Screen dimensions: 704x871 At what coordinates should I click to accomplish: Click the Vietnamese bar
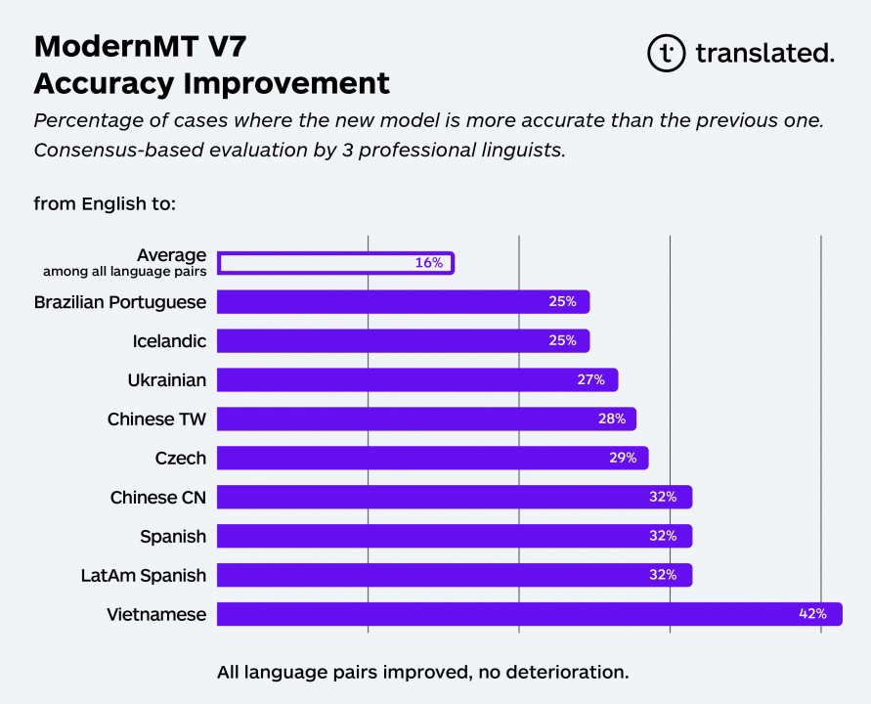point(528,614)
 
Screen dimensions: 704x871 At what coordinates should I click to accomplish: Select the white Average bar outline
point(335,263)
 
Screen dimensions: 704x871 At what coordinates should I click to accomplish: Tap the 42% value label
point(812,614)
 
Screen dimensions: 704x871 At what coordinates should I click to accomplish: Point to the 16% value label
point(428,263)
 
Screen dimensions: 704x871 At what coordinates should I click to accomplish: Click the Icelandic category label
point(169,341)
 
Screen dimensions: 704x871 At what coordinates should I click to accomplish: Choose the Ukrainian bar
point(416,379)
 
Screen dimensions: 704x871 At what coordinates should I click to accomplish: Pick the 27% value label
point(590,379)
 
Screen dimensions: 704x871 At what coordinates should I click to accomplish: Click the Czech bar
point(432,458)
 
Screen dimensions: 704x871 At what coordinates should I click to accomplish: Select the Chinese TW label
point(156,419)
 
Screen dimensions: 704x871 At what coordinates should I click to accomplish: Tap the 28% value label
point(611,418)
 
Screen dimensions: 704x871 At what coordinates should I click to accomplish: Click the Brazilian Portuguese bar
point(403,301)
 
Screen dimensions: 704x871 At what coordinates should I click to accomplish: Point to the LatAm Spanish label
point(143,576)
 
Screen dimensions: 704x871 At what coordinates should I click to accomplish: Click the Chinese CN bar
point(454,497)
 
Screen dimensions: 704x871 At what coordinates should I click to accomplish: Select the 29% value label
point(623,458)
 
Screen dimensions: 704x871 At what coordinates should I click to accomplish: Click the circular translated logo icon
point(667,53)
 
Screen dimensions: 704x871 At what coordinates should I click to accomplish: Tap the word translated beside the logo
point(764,53)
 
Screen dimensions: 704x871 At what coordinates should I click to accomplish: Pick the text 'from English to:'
point(105,204)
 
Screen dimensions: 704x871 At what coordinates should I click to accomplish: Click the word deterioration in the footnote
point(571,672)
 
